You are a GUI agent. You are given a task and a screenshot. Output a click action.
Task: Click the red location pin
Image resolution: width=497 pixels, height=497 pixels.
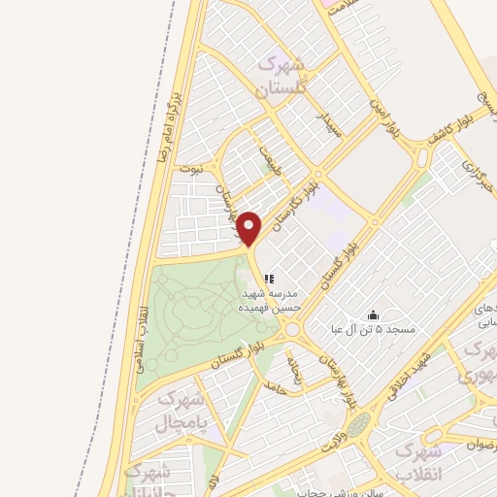[x=249, y=228]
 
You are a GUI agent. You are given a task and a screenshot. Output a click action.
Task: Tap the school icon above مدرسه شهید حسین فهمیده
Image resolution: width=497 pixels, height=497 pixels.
[x=269, y=279]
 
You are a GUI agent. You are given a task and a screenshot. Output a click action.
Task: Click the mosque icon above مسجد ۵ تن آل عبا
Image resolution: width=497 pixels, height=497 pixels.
[x=373, y=315]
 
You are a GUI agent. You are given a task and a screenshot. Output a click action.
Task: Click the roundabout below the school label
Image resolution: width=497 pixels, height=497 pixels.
[x=293, y=331]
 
